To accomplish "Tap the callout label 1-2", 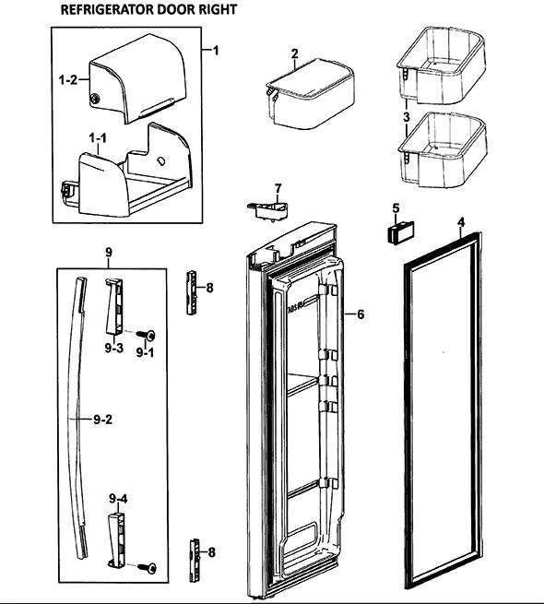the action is [68, 80].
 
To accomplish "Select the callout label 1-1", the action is [98, 138].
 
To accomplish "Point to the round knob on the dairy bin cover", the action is [95, 100].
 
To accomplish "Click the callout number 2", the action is [295, 53].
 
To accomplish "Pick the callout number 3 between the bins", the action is [407, 117].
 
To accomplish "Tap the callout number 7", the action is [278, 189].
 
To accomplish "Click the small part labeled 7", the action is [267, 211].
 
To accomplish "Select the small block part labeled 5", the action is [400, 232].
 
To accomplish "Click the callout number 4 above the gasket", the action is [461, 222].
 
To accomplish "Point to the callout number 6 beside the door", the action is [361, 314].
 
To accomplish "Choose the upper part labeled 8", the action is [192, 292].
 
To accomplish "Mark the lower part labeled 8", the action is [195, 560].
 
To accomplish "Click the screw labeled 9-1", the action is [147, 336].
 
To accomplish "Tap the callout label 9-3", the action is [114, 348].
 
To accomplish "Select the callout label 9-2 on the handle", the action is [103, 419].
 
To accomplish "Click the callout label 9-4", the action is [118, 499].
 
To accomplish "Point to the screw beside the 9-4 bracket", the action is [148, 568].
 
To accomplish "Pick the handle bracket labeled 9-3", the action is [114, 306].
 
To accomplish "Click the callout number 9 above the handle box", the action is [109, 253].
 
